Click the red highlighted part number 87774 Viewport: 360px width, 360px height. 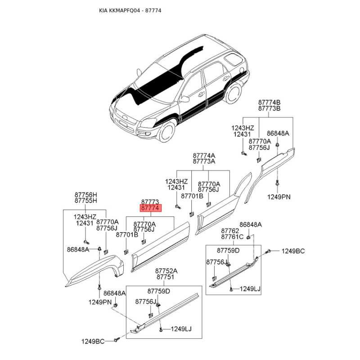(x=151, y=208)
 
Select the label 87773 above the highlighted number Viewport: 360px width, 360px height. (x=150, y=202)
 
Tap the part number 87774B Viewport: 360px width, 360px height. (x=269, y=103)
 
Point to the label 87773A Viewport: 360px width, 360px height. (x=204, y=162)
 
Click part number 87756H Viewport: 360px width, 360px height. (x=85, y=195)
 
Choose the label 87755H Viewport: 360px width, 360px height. (x=85, y=201)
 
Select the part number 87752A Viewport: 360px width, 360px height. (x=166, y=271)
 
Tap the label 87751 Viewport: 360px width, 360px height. (x=165, y=277)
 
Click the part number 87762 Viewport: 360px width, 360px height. (x=230, y=231)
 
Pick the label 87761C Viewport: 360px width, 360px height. (x=232, y=237)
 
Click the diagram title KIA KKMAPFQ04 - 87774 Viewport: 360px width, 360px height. (x=130, y=10)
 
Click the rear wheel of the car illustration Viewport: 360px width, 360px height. (x=233, y=93)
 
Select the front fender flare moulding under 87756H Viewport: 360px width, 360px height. (x=94, y=270)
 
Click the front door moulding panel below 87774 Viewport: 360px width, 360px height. (x=161, y=247)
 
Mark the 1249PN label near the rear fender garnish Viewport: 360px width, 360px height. (x=279, y=197)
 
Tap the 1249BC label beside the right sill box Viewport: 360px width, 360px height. (x=293, y=251)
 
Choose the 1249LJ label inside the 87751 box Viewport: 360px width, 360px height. (x=181, y=329)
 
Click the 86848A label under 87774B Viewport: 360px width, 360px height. (x=278, y=133)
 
